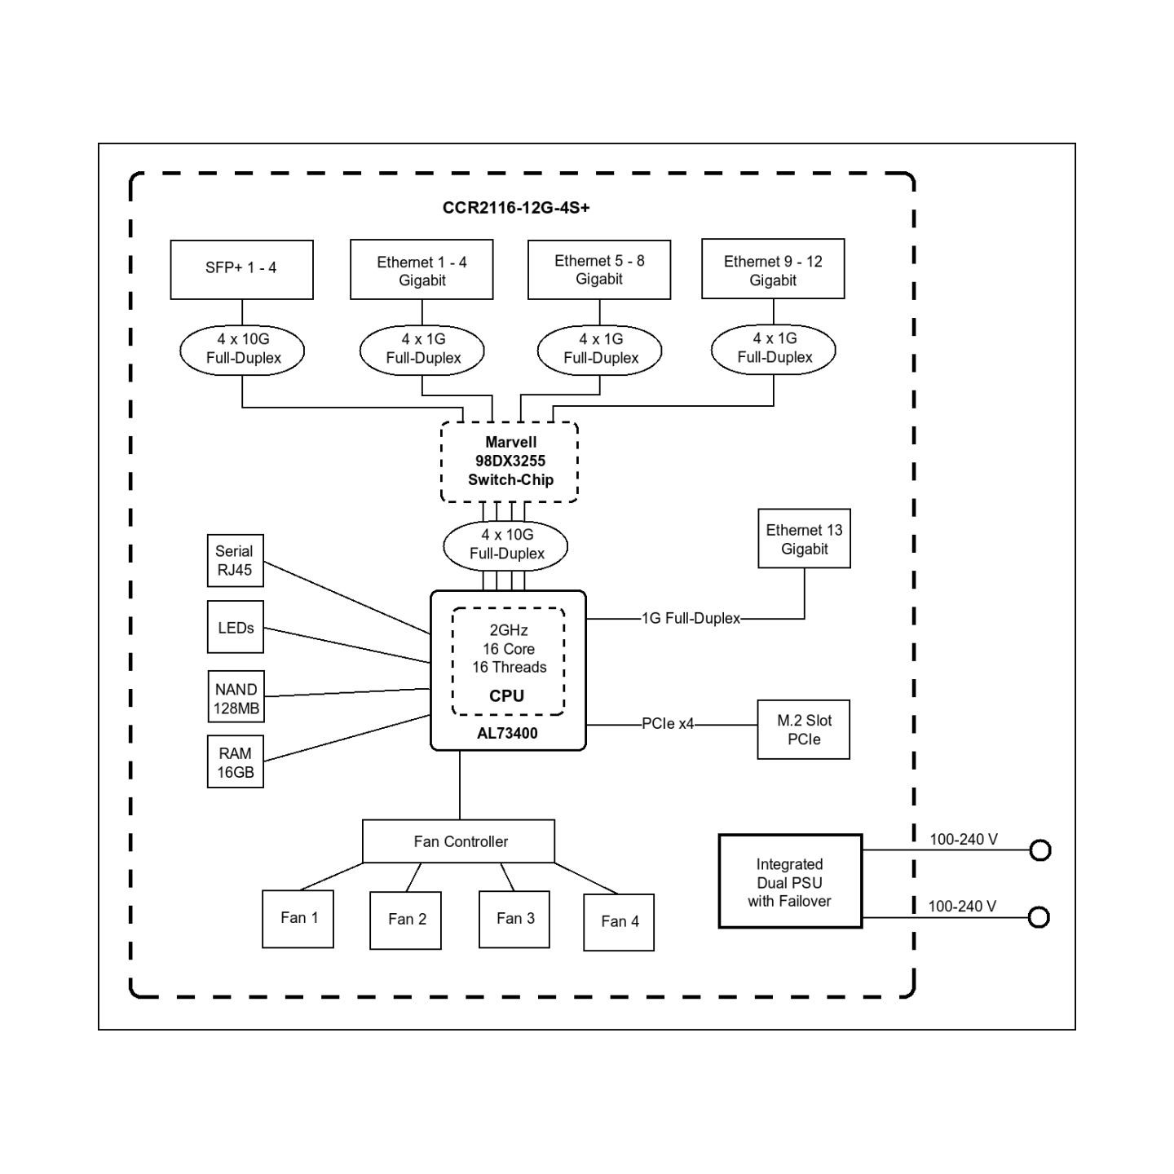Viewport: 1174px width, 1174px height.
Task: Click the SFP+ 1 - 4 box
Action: coord(241,269)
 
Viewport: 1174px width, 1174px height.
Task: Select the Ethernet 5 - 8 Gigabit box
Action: coord(599,269)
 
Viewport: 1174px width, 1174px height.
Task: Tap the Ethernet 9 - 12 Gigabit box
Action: coord(773,269)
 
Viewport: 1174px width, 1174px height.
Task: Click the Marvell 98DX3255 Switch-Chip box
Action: coord(510,461)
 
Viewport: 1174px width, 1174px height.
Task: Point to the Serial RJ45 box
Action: coord(235,560)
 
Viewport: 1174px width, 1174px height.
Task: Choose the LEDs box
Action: coord(235,627)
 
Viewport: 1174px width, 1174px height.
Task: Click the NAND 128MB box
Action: coord(236,696)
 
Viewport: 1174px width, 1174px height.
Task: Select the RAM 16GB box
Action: coord(235,761)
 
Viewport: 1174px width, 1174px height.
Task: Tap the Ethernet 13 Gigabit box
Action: coord(804,539)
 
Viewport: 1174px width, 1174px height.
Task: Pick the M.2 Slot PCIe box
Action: coord(804,729)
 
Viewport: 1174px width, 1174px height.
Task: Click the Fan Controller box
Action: coord(458,841)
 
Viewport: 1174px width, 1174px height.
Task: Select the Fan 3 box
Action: coord(514,920)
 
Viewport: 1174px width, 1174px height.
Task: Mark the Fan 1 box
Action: coord(298,919)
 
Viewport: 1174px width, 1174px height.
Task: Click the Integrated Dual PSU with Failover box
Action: coord(790,881)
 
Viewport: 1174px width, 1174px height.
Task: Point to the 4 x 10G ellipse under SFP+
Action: coord(242,351)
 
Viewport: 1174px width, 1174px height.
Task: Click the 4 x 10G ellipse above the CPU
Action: coord(505,545)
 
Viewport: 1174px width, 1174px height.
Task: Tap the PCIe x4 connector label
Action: coord(668,724)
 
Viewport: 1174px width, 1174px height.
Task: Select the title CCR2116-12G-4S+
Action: coord(516,208)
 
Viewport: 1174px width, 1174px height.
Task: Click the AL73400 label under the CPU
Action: coord(507,733)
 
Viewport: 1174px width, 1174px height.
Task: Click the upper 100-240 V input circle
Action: coord(1040,850)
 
